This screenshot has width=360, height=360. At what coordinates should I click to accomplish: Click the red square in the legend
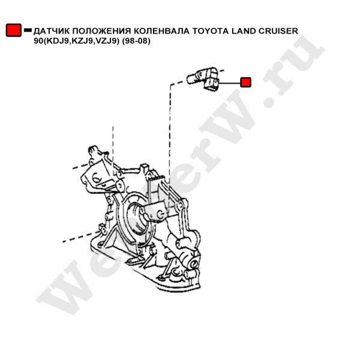[14, 30]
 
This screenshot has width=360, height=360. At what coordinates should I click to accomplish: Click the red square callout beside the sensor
[245, 82]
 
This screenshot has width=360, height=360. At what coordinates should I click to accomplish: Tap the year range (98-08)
[136, 41]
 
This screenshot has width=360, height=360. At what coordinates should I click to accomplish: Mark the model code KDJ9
[59, 41]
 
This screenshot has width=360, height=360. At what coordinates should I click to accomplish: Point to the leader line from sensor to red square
[229, 82]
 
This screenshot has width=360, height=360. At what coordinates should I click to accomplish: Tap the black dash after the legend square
[28, 30]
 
